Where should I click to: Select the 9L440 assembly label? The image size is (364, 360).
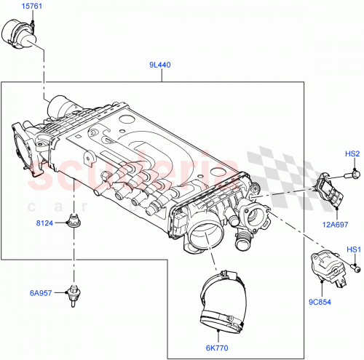160,65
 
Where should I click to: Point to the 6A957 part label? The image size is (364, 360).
42,293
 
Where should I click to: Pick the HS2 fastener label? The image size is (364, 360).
352,154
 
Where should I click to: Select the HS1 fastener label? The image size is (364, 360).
353,250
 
